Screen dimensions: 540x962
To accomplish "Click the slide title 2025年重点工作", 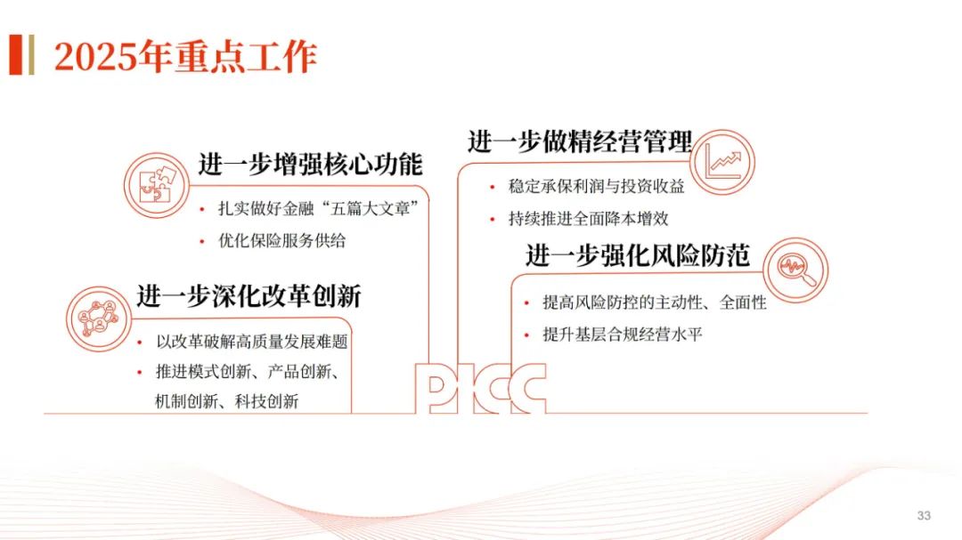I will click(185, 57).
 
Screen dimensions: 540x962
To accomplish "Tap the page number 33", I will click(924, 516).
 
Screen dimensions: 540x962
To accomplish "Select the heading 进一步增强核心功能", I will click(310, 165).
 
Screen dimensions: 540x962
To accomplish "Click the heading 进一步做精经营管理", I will click(580, 141).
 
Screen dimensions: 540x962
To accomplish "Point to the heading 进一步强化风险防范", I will click(638, 255).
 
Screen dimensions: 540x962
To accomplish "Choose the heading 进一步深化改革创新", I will click(249, 296).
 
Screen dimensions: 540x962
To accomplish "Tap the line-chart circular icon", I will click(722, 160).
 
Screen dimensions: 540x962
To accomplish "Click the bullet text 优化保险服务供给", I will click(282, 240).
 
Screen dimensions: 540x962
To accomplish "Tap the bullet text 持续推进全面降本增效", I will click(588, 218).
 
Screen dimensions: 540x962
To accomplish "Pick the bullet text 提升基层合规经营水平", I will click(624, 334).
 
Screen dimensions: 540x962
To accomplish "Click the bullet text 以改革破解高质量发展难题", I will click(251, 343).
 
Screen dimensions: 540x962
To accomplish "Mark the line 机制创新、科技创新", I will click(227, 401).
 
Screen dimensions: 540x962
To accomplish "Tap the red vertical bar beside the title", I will click(15, 55).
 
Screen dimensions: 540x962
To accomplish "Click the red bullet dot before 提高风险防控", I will click(529, 304).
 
